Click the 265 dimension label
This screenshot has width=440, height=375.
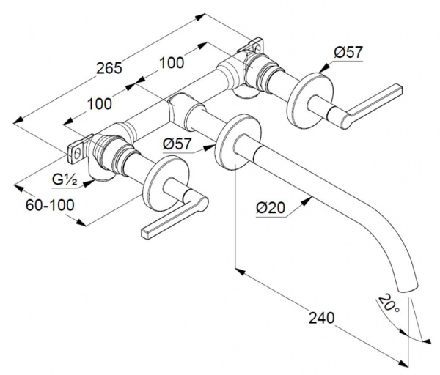coord(109,68)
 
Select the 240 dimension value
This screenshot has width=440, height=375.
coord(322,318)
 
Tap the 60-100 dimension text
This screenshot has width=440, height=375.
coord(50,205)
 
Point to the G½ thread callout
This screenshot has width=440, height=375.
coord(65,179)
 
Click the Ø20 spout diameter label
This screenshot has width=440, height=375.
coord(271,208)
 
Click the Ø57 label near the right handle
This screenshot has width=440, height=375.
coord(348,53)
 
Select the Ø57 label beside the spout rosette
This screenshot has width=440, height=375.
coord(177,144)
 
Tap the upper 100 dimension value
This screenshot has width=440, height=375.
coord(172,63)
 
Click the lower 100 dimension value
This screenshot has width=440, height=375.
coord(100,104)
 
